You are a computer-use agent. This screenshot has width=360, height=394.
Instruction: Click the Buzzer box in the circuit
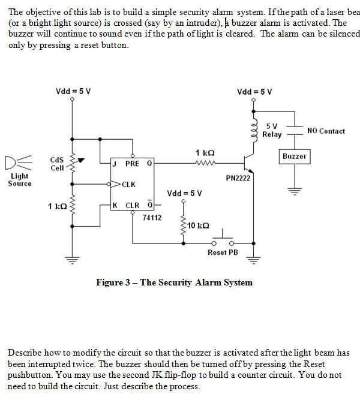pyautogui.click(x=294, y=157)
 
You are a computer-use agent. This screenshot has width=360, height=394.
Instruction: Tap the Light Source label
pyautogui.click(x=20, y=180)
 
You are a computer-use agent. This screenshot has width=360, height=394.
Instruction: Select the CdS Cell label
pyautogui.click(x=57, y=164)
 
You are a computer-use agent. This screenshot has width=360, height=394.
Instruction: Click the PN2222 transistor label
pyautogui.click(x=238, y=178)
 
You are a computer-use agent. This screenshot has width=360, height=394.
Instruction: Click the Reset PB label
pyautogui.click(x=223, y=252)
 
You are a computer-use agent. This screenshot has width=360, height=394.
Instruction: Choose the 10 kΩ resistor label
pyautogui.click(x=199, y=225)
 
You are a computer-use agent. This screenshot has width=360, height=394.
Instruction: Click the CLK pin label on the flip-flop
pyautogui.click(x=129, y=184)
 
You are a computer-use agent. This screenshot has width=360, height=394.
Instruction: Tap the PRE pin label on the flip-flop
pyautogui.click(x=132, y=163)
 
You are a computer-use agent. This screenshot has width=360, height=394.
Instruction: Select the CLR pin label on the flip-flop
pyautogui.click(x=132, y=206)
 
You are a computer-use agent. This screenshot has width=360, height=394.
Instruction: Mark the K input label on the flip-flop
pyautogui.click(x=115, y=206)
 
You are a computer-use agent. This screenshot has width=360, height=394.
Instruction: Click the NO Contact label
pyautogui.click(x=326, y=131)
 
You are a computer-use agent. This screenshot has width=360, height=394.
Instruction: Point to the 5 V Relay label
pyautogui.click(x=272, y=130)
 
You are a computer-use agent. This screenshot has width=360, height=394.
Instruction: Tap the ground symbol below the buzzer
pyautogui.click(x=294, y=192)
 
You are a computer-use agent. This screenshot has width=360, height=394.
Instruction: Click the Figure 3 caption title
pyautogui.click(x=174, y=282)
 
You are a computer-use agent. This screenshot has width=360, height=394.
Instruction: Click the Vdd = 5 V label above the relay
pyautogui.click(x=254, y=92)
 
